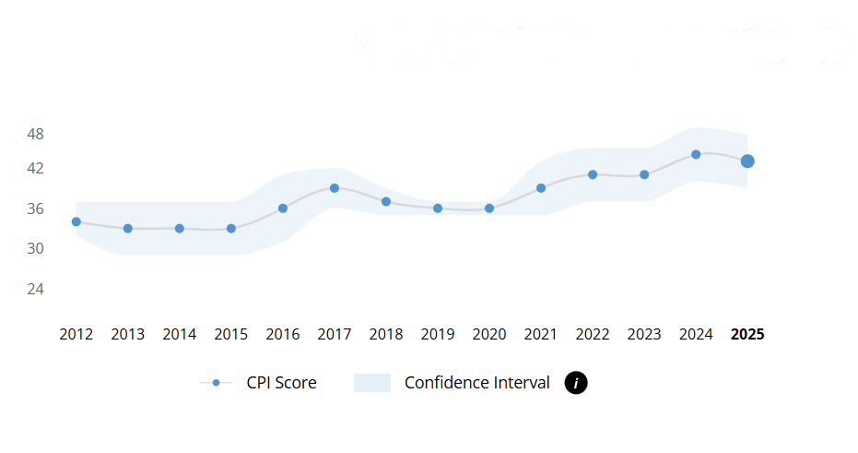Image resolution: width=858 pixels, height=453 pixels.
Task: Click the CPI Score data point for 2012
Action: pyautogui.click(x=76, y=221)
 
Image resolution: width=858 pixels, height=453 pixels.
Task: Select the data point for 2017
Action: pyautogui.click(x=335, y=188)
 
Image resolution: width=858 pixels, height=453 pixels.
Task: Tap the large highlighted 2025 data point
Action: pyautogui.click(x=747, y=161)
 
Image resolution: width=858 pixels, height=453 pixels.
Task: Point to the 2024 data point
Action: pyautogui.click(x=696, y=154)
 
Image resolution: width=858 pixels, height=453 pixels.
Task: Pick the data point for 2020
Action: pyautogui.click(x=489, y=209)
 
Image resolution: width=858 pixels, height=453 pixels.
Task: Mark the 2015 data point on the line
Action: pyautogui.click(x=231, y=228)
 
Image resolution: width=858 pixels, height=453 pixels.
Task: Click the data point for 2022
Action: pyautogui.click(x=593, y=174)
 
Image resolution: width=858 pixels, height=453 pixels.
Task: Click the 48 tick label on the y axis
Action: pyautogui.click(x=35, y=134)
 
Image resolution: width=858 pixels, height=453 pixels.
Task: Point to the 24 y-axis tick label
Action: pyautogui.click(x=35, y=289)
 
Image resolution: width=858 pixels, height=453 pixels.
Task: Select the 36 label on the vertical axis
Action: pyautogui.click(x=35, y=209)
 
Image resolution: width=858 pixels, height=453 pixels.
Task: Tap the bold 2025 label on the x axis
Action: pyautogui.click(x=747, y=334)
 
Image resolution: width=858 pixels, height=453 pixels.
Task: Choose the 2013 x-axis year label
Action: pyautogui.click(x=128, y=334)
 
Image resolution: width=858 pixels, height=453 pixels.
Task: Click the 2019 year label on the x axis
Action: pyautogui.click(x=438, y=334)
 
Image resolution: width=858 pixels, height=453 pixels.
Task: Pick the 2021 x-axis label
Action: pyautogui.click(x=541, y=334)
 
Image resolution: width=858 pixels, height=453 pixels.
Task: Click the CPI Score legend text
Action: pyautogui.click(x=281, y=383)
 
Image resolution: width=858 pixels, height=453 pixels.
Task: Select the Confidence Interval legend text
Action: pyautogui.click(x=476, y=383)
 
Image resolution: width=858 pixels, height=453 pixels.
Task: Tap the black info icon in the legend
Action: pyautogui.click(x=576, y=383)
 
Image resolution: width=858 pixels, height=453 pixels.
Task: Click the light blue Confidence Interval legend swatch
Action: pyautogui.click(x=372, y=383)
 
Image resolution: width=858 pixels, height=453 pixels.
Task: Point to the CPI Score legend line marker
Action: pyautogui.click(x=216, y=383)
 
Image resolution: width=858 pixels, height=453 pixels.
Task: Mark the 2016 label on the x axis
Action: pyautogui.click(x=283, y=334)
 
